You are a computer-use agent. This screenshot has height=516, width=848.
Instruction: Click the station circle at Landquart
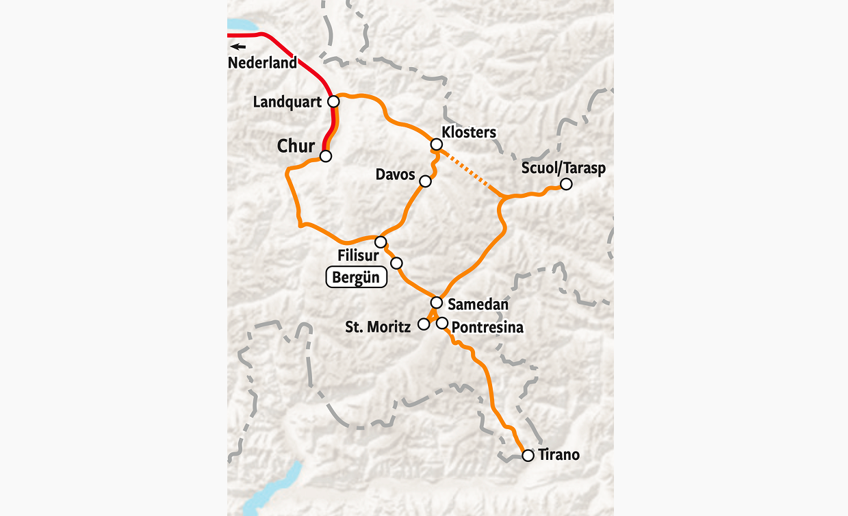pos(333,101)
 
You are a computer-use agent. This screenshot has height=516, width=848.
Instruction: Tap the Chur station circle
pos(326,156)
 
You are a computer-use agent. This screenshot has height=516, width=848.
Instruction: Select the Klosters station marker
pos(435,144)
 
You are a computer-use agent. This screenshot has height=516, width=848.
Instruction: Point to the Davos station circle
pos(425,181)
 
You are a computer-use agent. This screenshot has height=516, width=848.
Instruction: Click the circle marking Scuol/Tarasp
pos(566,184)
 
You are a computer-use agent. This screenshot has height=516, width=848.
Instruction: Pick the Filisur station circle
pos(381,242)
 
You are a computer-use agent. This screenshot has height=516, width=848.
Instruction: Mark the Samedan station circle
pos(436,302)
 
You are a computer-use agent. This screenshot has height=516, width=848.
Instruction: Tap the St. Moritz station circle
pos(424,324)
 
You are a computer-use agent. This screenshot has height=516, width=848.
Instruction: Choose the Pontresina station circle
pos(442,323)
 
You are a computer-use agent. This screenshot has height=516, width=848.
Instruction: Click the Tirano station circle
pos(528,455)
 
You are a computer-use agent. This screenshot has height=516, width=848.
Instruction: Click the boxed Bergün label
pos(356,278)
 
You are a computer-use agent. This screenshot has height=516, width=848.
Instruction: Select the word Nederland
pos(263,62)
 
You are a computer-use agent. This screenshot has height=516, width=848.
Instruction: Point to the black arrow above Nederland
pos(237,47)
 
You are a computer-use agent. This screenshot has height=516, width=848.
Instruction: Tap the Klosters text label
pos(469,132)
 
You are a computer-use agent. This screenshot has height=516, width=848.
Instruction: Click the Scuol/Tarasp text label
pos(563,168)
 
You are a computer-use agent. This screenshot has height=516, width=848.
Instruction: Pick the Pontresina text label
pos(487,328)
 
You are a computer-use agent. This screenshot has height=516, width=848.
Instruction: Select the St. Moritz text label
pos(378,327)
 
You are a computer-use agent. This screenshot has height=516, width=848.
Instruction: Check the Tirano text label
pos(558,455)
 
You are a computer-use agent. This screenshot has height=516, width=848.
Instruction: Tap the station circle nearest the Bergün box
pos(396,263)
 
